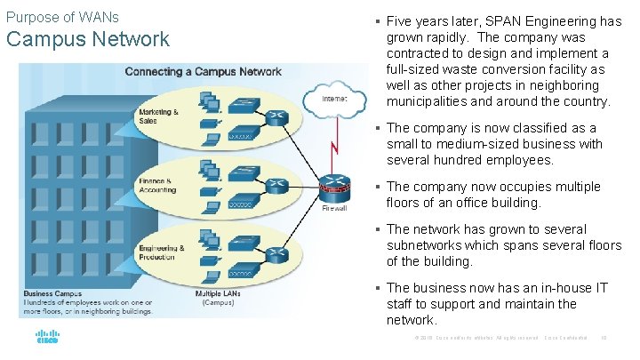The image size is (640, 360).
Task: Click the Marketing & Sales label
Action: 158,116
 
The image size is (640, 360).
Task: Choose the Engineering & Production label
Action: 161,252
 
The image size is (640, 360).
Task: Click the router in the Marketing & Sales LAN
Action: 276,116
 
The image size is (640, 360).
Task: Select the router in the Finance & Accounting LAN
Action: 276,185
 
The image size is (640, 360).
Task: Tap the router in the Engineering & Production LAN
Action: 276,253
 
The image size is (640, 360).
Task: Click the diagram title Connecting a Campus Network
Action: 203,71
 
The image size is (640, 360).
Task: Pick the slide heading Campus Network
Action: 87,39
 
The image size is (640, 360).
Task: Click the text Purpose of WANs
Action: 62,17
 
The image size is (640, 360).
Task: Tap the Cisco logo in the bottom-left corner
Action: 47,338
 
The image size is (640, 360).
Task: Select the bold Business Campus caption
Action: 52,292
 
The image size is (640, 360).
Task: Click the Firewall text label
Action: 334,209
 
